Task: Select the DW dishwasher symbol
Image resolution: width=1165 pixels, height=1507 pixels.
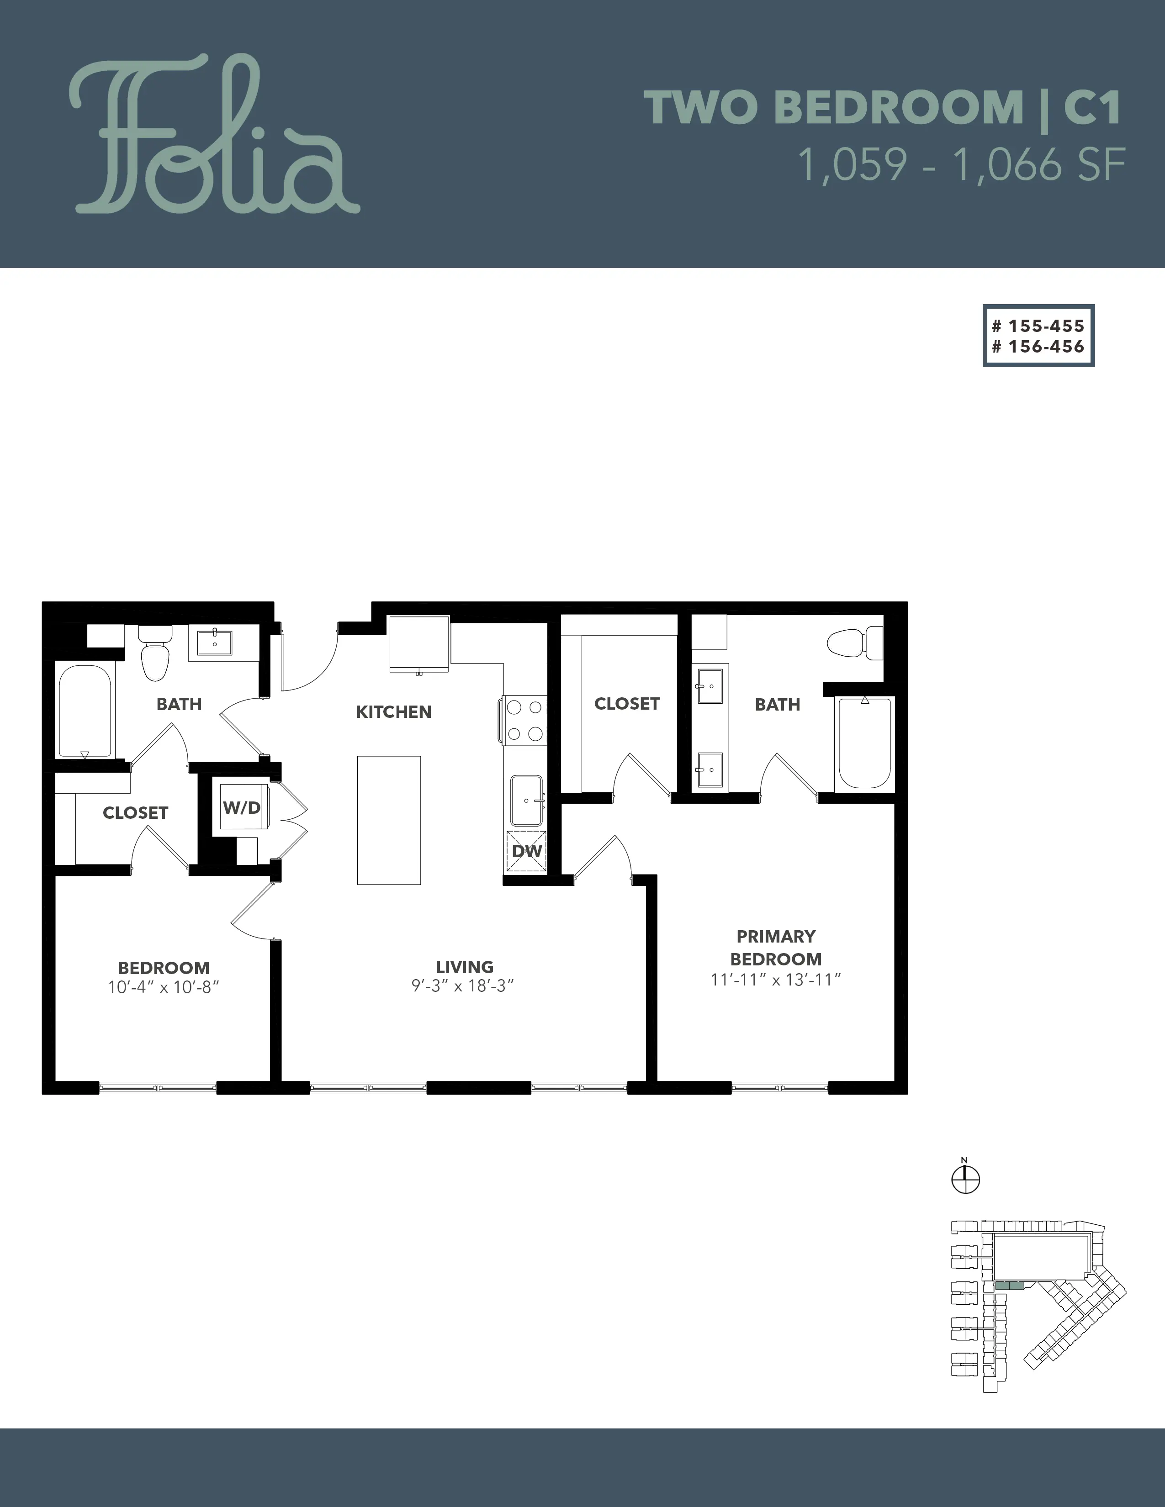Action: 527,852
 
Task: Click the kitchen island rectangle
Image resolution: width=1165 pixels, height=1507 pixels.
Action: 389,820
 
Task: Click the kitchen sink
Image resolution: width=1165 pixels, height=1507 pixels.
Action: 527,801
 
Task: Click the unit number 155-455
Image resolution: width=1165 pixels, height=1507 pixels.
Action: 1039,326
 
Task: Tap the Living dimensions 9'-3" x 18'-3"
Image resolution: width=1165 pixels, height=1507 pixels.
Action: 464,986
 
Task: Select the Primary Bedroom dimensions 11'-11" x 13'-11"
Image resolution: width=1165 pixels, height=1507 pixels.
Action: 776,979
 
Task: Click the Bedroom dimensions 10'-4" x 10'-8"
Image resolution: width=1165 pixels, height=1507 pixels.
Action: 164,987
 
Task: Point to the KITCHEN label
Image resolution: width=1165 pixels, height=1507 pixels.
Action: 393,712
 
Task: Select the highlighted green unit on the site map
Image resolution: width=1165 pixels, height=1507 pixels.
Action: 1009,1286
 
